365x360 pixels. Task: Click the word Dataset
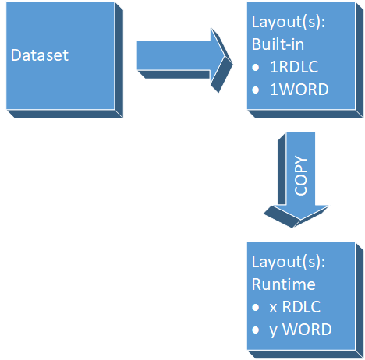point(39,56)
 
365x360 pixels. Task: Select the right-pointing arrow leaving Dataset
point(175,56)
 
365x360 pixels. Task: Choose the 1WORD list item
point(299,89)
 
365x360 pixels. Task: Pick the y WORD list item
point(300,330)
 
